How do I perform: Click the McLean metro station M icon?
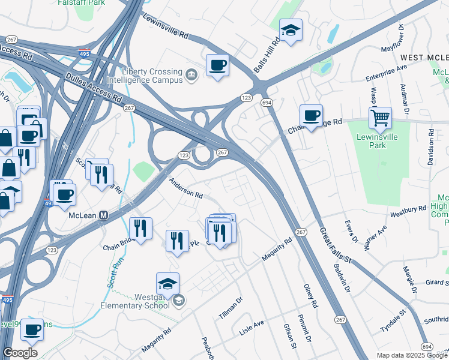tap(103, 215)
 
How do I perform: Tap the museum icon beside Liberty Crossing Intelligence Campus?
tap(191, 75)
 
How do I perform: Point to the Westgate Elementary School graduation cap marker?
tap(168, 284)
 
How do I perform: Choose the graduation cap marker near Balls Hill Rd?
tap(291, 31)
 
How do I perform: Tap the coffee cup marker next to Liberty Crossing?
tap(217, 65)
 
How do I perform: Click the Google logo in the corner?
tap(20, 353)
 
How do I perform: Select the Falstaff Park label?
tap(78, 3)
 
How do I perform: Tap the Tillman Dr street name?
tap(230, 307)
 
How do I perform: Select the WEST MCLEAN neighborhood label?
tap(424, 58)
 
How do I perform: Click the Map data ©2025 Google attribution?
tap(411, 355)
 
